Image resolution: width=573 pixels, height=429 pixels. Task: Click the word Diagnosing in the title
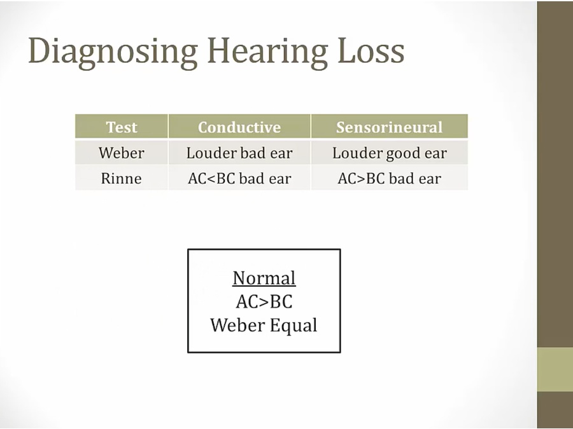pyautogui.click(x=113, y=52)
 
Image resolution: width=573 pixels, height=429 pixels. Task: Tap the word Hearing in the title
pyautogui.click(x=267, y=52)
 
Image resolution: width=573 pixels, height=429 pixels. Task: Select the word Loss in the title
pyautogui.click(x=371, y=50)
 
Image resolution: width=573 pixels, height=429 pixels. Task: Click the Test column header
pyautogui.click(x=122, y=127)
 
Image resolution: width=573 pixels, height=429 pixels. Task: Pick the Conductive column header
pyautogui.click(x=239, y=127)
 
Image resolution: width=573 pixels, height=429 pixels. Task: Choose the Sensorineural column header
pyautogui.click(x=389, y=127)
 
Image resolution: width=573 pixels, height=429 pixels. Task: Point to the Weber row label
pyautogui.click(x=122, y=153)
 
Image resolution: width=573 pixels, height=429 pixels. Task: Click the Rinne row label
pyautogui.click(x=122, y=178)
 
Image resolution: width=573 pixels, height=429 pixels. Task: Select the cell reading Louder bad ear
pyautogui.click(x=239, y=153)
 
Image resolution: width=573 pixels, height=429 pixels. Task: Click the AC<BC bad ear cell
pyautogui.click(x=239, y=179)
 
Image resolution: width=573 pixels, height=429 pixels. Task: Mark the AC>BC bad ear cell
pyautogui.click(x=389, y=179)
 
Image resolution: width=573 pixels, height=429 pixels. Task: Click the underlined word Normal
pyautogui.click(x=264, y=278)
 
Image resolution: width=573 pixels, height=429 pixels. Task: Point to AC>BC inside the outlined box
pyautogui.click(x=264, y=302)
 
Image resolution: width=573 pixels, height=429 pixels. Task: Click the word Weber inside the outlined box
pyautogui.click(x=238, y=325)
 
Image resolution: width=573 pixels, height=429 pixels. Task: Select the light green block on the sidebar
pyautogui.click(x=555, y=369)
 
